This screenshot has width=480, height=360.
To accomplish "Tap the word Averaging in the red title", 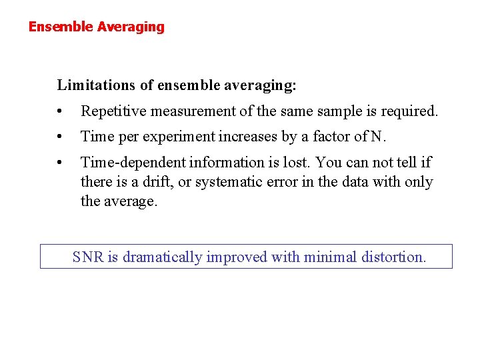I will pyautogui.click(x=131, y=27).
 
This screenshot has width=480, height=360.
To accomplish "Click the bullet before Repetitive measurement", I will pyautogui.click(x=60, y=111).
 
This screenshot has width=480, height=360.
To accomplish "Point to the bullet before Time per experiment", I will pyautogui.click(x=60, y=137).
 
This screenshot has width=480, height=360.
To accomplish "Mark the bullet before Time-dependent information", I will pyautogui.click(x=60, y=163).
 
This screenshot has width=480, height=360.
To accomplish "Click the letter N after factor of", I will pyautogui.click(x=377, y=137).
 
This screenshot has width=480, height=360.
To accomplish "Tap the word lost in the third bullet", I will pyautogui.click(x=299, y=162).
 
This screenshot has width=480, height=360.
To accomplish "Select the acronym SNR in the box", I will pyautogui.click(x=87, y=257).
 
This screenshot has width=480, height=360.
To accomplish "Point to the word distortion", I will pyautogui.click(x=393, y=257).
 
